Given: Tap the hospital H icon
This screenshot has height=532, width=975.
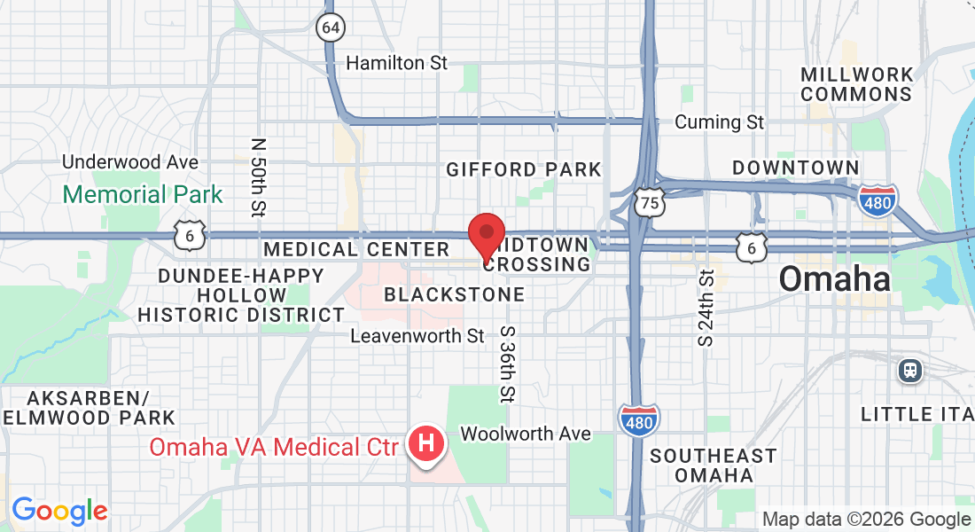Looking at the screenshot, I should (x=426, y=442).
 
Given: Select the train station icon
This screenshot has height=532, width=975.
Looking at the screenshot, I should (x=910, y=370).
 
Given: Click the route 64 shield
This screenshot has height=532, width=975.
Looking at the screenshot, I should (x=330, y=27).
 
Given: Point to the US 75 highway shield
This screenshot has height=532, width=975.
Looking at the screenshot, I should (x=650, y=203).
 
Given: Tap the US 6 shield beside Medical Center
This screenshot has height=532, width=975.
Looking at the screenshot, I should (x=191, y=235).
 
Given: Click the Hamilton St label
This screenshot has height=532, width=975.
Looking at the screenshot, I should (x=396, y=63).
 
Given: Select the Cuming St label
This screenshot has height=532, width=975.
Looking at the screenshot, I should (x=719, y=122).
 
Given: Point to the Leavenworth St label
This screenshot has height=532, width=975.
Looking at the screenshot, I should (x=417, y=336).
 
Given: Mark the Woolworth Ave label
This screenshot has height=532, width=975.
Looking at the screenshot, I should (x=525, y=434).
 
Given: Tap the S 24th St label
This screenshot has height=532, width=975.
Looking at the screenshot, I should (x=706, y=308).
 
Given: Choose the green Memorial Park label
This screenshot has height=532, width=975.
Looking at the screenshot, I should (x=144, y=194).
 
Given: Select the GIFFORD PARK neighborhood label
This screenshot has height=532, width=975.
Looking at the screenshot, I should (x=524, y=169).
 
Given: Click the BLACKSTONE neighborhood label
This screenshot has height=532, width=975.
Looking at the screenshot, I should (x=455, y=293).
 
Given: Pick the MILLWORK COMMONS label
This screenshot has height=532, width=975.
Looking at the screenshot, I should (x=856, y=84).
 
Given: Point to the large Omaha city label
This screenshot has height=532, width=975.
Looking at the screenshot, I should (x=835, y=279).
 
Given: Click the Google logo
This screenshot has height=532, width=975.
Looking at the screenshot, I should (x=59, y=511).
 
